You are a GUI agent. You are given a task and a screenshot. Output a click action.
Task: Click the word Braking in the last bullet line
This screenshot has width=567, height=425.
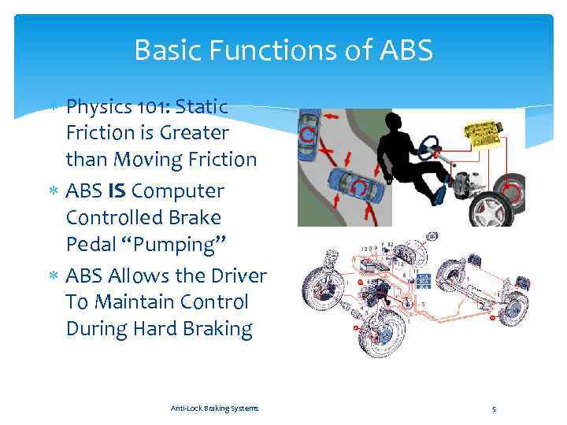(213, 329)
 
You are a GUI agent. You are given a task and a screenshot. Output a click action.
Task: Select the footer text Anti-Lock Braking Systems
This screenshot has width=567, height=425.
(214, 408)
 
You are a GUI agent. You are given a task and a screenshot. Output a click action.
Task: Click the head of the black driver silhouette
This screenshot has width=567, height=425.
(391, 121)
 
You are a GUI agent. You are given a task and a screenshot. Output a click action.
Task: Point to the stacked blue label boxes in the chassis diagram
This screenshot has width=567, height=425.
(423, 282)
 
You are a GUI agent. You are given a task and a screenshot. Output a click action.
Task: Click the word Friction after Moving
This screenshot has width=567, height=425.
(218, 160)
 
